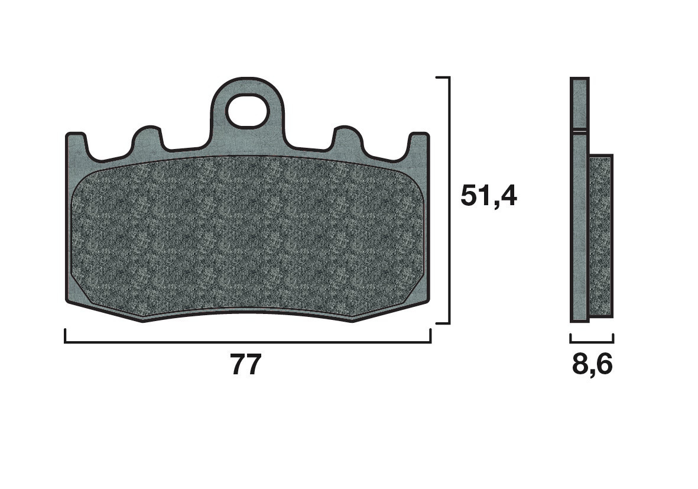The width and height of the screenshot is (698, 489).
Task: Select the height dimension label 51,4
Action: [489, 196]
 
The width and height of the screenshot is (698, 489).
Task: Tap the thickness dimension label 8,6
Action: [592, 365]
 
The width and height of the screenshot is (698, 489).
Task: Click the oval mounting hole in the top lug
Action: [247, 112]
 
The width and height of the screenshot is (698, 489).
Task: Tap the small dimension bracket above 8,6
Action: [592, 342]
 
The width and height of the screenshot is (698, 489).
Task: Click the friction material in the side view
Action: [601, 237]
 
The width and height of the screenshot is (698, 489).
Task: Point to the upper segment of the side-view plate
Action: [579, 103]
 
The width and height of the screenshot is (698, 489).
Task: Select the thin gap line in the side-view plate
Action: [579, 130]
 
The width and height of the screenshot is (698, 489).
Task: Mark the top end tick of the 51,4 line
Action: [443, 77]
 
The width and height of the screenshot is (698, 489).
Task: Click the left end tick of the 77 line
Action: [65, 336]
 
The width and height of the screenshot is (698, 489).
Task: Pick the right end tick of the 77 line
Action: [430, 336]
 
